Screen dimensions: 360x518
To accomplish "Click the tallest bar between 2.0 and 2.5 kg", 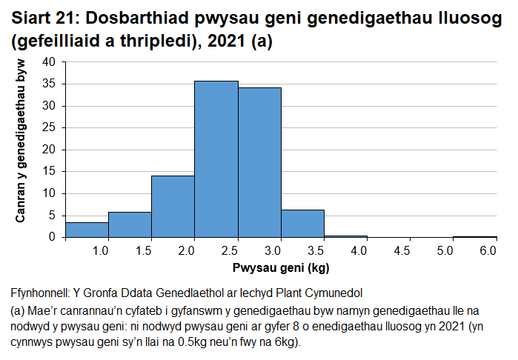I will click(216, 159).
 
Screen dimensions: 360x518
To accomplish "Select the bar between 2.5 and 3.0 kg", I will click(259, 162).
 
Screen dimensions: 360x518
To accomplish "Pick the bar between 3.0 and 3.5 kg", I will click(302, 223).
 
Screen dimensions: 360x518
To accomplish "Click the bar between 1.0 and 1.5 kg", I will click(130, 224).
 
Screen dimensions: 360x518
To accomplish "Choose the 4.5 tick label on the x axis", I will click(402, 252).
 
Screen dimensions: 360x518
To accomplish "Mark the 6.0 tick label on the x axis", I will click(488, 252).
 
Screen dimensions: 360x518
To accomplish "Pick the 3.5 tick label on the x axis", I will click(316, 252).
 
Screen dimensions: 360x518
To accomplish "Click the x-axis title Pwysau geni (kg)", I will click(281, 267).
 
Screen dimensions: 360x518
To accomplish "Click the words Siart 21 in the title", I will click(44, 19).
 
